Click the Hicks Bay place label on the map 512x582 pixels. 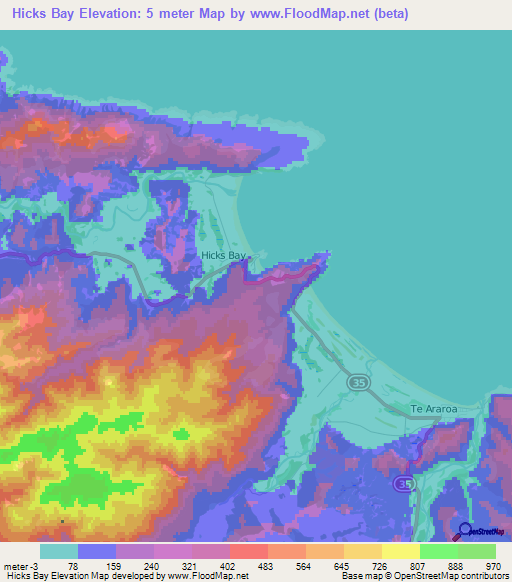click(x=223, y=256)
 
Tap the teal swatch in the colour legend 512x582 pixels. click(x=59, y=551)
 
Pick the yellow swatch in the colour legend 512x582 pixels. click(x=400, y=551)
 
